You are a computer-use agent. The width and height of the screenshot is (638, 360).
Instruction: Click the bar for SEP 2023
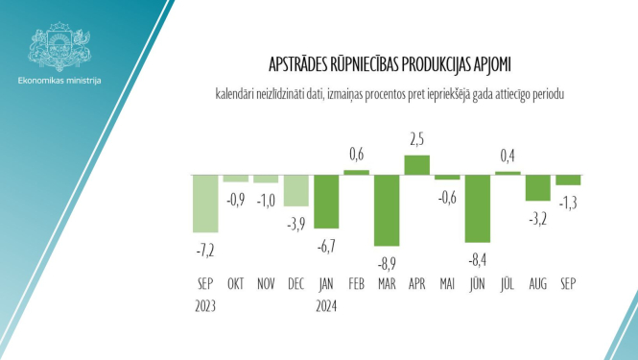coord(205,203)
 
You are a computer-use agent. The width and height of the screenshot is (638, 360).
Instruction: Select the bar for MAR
coord(387,209)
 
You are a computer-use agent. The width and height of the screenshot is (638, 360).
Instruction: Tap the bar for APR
coord(416,164)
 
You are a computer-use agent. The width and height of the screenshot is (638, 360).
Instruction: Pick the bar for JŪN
coord(478,207)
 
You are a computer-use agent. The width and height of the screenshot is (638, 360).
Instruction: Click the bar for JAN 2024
coord(326,201)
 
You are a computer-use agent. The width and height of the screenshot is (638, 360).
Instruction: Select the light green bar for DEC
coord(295,190)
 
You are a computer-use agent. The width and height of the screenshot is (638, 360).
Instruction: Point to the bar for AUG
coord(537,187)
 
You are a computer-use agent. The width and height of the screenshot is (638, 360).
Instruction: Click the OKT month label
coord(236,284)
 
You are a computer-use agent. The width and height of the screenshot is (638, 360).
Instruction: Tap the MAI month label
coord(447,284)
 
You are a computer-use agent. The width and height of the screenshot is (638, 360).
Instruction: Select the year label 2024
coord(326,307)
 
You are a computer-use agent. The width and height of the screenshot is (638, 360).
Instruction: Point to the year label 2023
coord(204,307)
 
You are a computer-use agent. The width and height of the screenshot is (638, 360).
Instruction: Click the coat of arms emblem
coord(59,44)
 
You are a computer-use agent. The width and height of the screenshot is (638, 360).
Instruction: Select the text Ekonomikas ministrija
coord(59,80)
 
